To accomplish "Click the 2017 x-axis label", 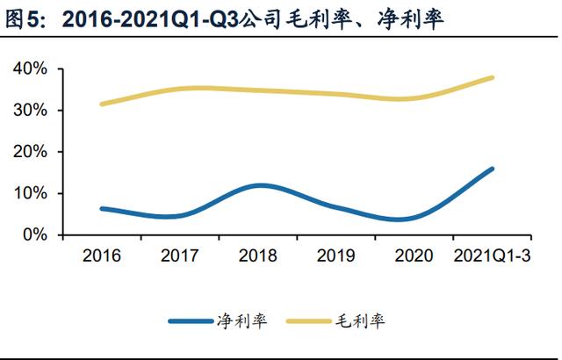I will coord(180,256).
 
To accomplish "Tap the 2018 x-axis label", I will coord(258,256).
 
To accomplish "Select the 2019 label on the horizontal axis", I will coord(336,256).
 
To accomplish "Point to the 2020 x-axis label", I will coord(414,256).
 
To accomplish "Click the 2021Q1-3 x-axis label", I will coord(492,256).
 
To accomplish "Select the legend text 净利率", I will coord(237,322).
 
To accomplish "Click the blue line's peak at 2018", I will coord(258,185).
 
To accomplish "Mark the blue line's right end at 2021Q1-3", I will coord(492,169).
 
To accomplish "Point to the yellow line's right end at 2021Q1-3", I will coord(492,77).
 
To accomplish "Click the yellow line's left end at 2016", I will coord(103,104).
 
